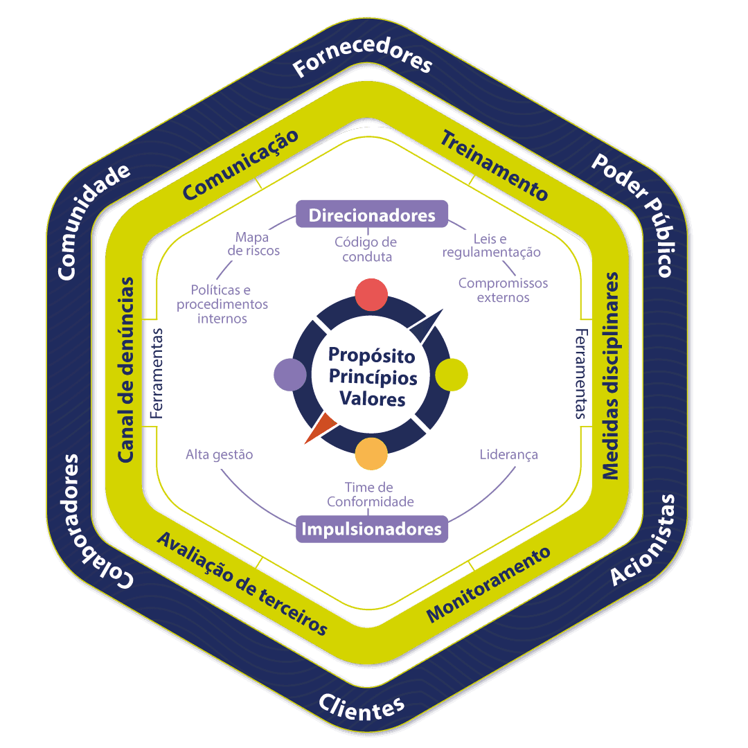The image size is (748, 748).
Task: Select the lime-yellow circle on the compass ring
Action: (452, 375)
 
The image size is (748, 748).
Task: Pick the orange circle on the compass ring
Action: (371, 454)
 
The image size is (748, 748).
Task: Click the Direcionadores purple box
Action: (372, 215)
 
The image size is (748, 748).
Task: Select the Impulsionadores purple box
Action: (372, 529)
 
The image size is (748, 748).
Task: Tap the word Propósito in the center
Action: (372, 355)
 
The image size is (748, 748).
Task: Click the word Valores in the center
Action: (372, 400)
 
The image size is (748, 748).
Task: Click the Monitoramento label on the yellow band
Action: (488, 584)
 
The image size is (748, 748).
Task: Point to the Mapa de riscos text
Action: (253, 244)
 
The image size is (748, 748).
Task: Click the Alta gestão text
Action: (220, 455)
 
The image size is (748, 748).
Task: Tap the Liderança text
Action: (508, 455)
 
